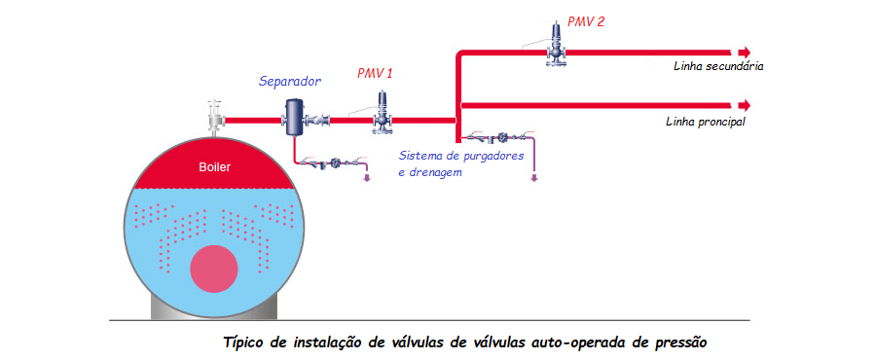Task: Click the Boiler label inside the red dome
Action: point(214,166)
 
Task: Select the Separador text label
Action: point(290,82)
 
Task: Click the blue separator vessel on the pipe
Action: point(294,117)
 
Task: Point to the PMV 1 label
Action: point(376,73)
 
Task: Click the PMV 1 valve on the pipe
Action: point(383,112)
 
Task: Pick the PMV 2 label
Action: point(586,20)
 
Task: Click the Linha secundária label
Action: point(717,68)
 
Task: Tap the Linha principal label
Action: point(706,123)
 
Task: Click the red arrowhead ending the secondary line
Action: point(745,53)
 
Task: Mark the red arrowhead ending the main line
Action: point(745,104)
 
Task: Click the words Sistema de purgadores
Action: point(462,156)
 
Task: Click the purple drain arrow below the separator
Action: point(366,177)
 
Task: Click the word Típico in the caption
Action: point(247,342)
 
